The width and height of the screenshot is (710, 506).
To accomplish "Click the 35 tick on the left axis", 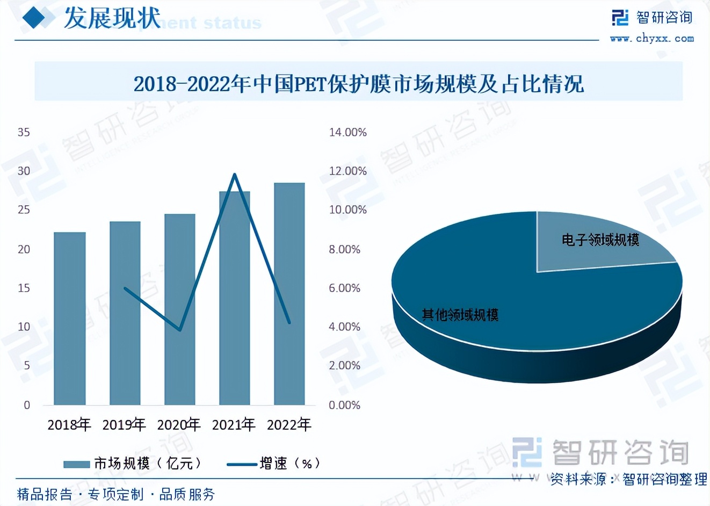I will coord(24,132).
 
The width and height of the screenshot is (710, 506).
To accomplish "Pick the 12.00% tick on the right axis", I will coord(347,171).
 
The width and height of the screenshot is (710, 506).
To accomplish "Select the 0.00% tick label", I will coord(344,405).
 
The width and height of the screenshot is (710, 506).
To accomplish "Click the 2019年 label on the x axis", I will coord(124,425).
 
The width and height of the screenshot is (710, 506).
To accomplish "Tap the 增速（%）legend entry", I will coord(274,463).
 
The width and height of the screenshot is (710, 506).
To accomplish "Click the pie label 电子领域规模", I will coord(600,240).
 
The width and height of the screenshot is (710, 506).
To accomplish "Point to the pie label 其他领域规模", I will coord(460,315).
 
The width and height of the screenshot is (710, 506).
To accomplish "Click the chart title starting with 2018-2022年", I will coord(358,84).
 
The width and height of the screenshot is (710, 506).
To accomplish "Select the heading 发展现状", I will coord(112,18).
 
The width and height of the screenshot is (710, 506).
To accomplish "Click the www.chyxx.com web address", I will coord(651,39).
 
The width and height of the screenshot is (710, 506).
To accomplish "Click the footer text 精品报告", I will coord(45,494).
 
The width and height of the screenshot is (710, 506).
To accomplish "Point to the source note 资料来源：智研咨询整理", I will coord(628,479).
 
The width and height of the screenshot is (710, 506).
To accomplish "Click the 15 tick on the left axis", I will coord(24,288).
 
